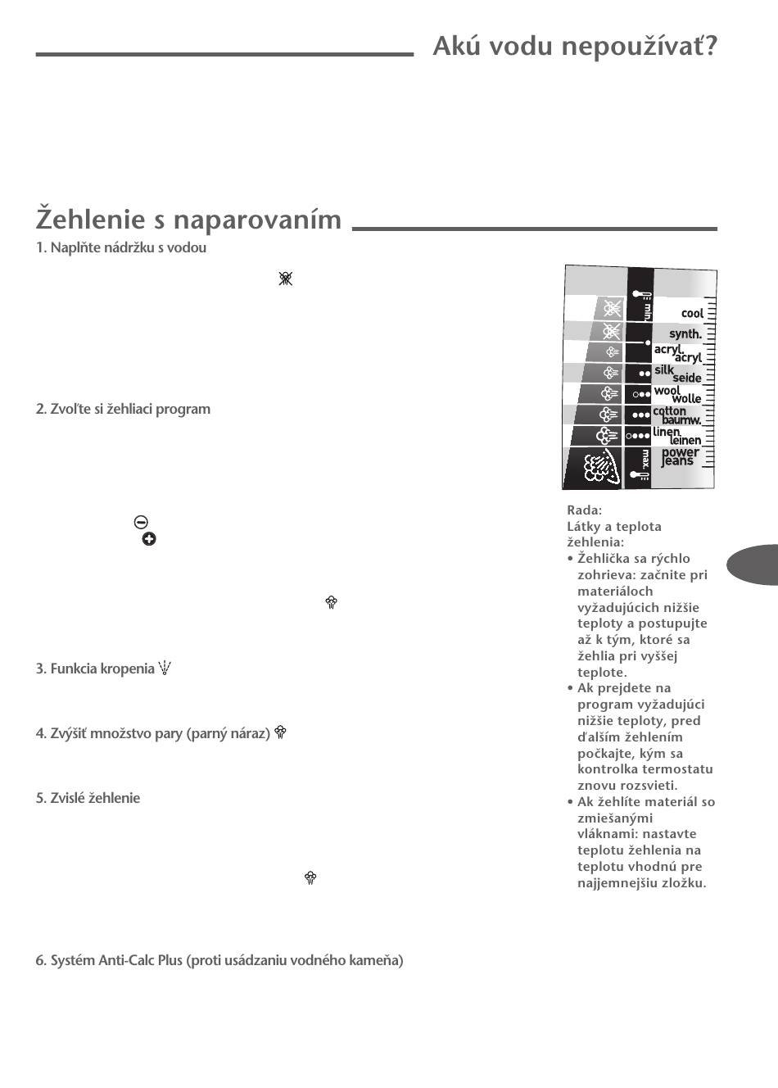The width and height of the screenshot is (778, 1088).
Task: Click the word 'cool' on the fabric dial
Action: point(692,313)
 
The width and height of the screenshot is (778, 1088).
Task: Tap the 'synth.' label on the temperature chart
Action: point(685,333)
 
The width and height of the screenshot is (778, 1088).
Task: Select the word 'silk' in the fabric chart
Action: point(663,369)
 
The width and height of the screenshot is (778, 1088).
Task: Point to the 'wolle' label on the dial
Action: point(686,399)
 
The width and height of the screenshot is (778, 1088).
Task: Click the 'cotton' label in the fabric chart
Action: point(669,410)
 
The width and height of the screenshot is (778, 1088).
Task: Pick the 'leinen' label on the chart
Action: point(685,441)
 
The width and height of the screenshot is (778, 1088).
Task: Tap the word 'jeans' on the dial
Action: point(677,461)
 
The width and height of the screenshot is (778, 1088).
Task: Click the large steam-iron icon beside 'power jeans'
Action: point(599,468)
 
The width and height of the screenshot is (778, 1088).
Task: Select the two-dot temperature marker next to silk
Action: point(644,374)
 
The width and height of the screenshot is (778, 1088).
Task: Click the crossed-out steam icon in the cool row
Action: point(612,308)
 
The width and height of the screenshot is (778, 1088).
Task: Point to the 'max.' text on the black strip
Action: point(645,458)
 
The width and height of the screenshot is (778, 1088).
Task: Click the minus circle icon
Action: point(141,522)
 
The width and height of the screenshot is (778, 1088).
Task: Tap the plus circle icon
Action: point(149,538)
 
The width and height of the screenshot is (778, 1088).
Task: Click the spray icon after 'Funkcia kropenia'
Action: point(165,668)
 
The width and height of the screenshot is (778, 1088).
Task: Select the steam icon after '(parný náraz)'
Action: point(280,732)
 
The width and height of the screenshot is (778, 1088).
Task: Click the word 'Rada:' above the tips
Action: point(584,510)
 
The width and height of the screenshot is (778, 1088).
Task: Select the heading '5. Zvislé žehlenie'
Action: point(88,798)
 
